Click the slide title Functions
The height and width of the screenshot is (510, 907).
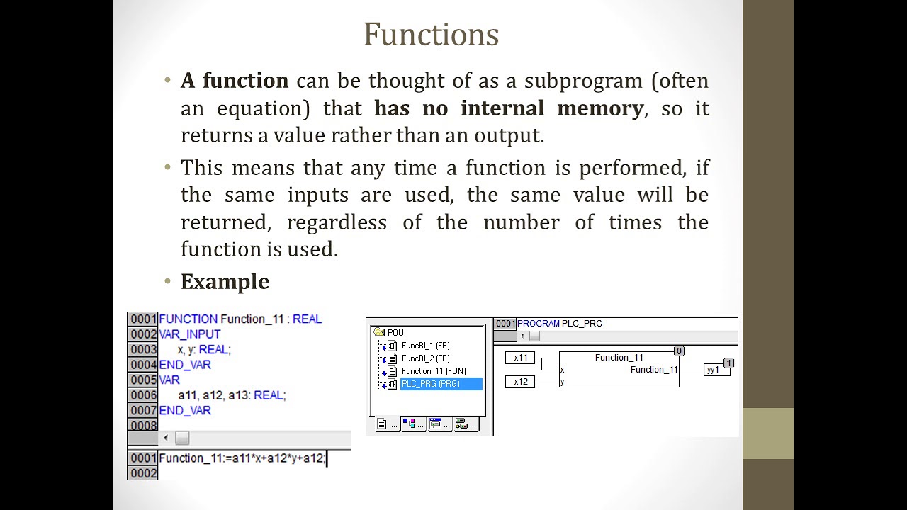coord(431,35)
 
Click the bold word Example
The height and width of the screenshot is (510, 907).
coord(225,282)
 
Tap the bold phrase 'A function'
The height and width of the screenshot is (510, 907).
coord(235,81)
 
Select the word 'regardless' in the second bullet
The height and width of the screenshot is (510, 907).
coord(337,222)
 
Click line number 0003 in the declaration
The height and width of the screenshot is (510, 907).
coord(143,349)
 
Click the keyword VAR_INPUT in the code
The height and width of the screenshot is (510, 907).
coord(190,334)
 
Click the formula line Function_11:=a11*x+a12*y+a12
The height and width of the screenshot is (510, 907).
coord(242,458)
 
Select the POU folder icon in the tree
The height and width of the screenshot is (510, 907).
coord(379,332)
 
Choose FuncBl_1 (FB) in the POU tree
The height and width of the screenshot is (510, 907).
coord(425,346)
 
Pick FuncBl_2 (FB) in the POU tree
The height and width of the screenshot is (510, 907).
coord(425,358)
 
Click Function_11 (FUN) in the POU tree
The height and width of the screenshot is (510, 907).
coord(434,371)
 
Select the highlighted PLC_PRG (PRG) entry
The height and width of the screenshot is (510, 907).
coord(430,384)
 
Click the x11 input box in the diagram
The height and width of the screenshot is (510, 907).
coord(521,358)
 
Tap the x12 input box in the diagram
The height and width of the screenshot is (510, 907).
coord(521,382)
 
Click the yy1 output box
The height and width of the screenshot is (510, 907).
coord(713,370)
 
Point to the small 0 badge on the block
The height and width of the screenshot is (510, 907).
coord(679,351)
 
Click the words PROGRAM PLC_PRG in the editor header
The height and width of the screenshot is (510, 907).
coord(560,324)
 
